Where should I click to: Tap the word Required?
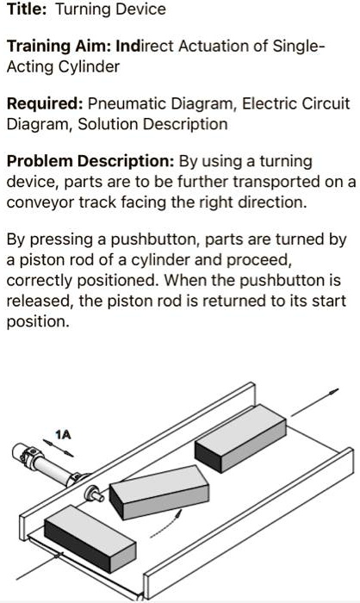(43, 104)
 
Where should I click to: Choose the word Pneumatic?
(127, 104)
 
